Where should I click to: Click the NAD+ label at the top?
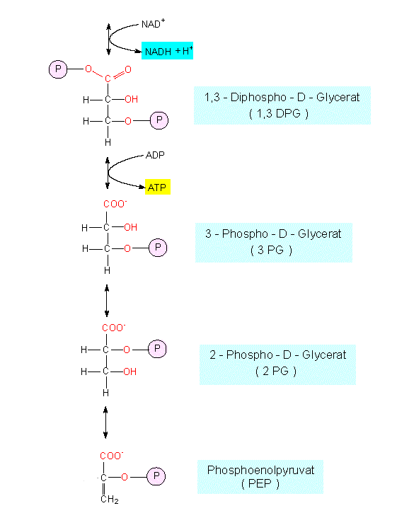[x=153, y=23]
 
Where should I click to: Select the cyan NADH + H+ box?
[x=168, y=51]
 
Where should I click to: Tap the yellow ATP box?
[x=158, y=187]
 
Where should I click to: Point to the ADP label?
[x=155, y=155]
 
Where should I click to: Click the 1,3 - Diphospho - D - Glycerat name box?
[x=282, y=105]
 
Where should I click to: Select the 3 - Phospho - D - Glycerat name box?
[x=274, y=242]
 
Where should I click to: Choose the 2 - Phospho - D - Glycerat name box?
[x=277, y=364]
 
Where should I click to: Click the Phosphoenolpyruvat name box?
[x=260, y=477]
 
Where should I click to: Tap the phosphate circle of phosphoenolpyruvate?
[x=156, y=476]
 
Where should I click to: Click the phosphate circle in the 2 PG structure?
[x=157, y=348]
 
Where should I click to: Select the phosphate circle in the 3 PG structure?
[x=158, y=248]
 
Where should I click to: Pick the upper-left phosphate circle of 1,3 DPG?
[x=58, y=69]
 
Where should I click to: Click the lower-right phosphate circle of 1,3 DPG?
[x=159, y=120]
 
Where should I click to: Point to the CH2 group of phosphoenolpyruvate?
[x=110, y=500]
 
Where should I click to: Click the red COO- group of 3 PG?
[x=115, y=204]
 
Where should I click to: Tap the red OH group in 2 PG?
[x=130, y=371]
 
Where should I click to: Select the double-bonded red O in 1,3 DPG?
[x=128, y=69]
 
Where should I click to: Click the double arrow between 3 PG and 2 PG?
[x=107, y=301]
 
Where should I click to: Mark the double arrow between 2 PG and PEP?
[x=105, y=422]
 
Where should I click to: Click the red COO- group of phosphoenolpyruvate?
[x=112, y=456]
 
